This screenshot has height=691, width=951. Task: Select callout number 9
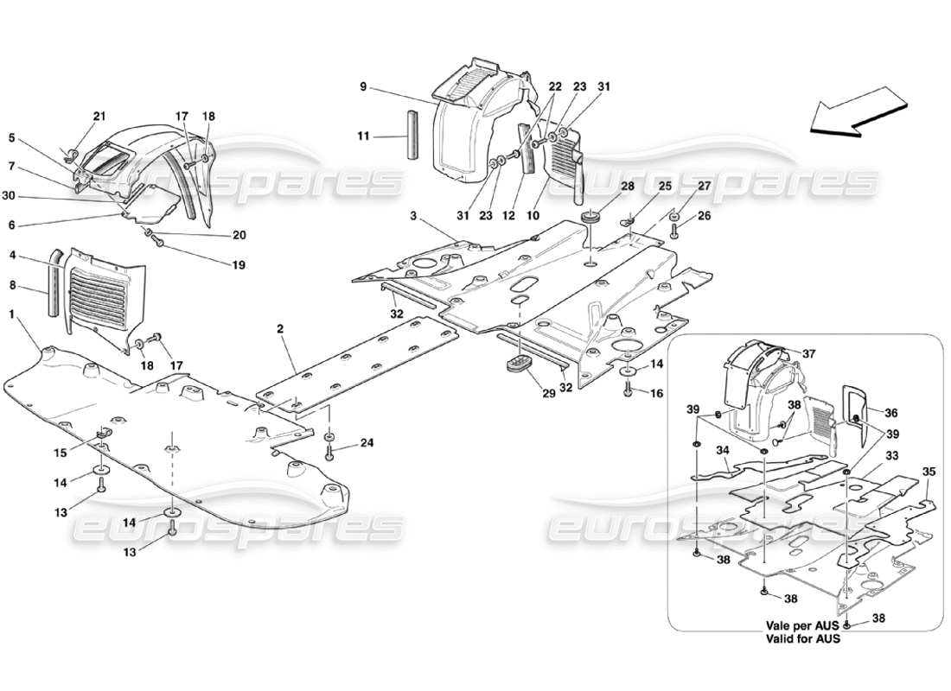pyautogui.click(x=364, y=86)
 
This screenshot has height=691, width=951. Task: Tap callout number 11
pyautogui.click(x=364, y=136)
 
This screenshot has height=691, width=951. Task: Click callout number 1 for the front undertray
pyautogui.click(x=13, y=316)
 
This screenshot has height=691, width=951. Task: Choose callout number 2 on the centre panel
pyautogui.click(x=282, y=328)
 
